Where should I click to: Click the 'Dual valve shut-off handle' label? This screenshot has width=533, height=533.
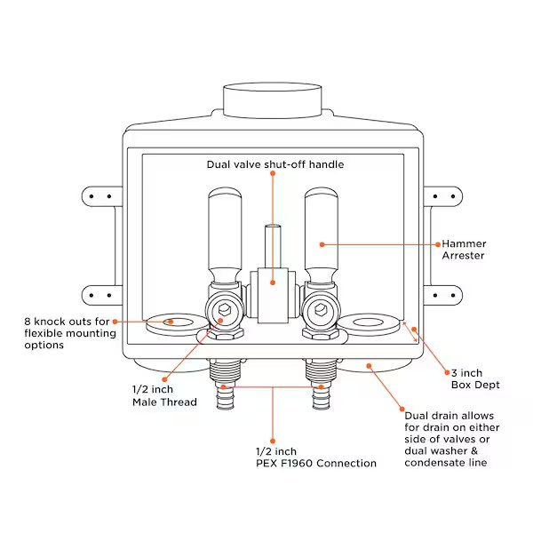(x=274, y=164)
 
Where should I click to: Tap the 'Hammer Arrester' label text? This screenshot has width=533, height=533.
(x=463, y=250)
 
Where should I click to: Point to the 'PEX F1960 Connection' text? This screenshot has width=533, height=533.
(x=315, y=463)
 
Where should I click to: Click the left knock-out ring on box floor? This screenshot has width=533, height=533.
(x=174, y=324)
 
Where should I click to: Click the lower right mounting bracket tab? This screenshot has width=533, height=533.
(x=439, y=294)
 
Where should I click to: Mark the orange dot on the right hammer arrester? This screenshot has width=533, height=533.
(x=322, y=243)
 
